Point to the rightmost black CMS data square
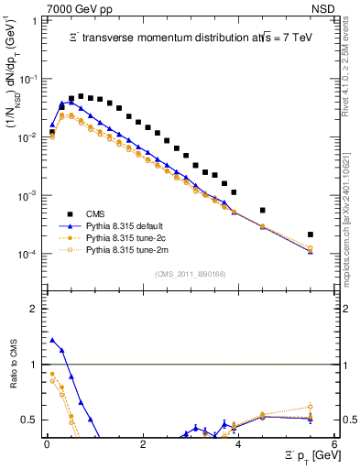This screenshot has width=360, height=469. [x=311, y=234]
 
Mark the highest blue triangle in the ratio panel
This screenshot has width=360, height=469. [x=52, y=340]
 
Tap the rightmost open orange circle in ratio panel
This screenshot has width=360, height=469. [x=311, y=407]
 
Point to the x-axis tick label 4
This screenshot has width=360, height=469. [x=238, y=444]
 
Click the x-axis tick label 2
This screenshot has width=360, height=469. [x=143, y=444]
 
